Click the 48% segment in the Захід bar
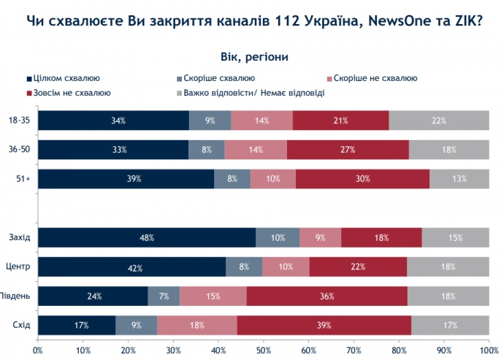[146, 237]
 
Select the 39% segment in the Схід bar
[324, 325]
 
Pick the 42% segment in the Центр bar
[131, 267]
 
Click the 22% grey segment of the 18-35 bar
[439, 120]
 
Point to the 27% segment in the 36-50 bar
[348, 150]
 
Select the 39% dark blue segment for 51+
[126, 179]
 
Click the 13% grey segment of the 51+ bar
[459, 179]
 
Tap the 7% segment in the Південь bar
[164, 296]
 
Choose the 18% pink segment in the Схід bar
[196, 325]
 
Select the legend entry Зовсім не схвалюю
[70, 93]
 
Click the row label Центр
[20, 267]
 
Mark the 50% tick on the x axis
[263, 350]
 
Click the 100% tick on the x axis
[488, 350]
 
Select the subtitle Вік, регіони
[252, 56]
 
